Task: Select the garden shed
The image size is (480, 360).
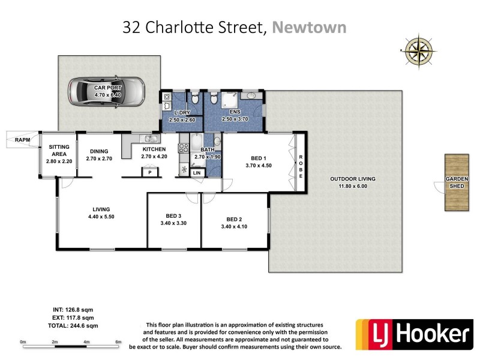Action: click(456, 182)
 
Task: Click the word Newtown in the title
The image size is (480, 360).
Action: click(309, 27)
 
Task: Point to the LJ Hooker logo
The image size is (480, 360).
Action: click(413, 334)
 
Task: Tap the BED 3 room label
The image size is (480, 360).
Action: click(174, 216)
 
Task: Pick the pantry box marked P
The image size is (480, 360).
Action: click(149, 173)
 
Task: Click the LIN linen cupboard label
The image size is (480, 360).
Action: click(197, 173)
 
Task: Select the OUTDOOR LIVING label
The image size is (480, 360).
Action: click(353, 179)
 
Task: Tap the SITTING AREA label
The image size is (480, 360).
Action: click(59, 150)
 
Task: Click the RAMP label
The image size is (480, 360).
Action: click(22, 140)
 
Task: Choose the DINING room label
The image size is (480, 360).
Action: click(98, 151)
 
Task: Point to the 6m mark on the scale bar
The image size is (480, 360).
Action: click(119, 343)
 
